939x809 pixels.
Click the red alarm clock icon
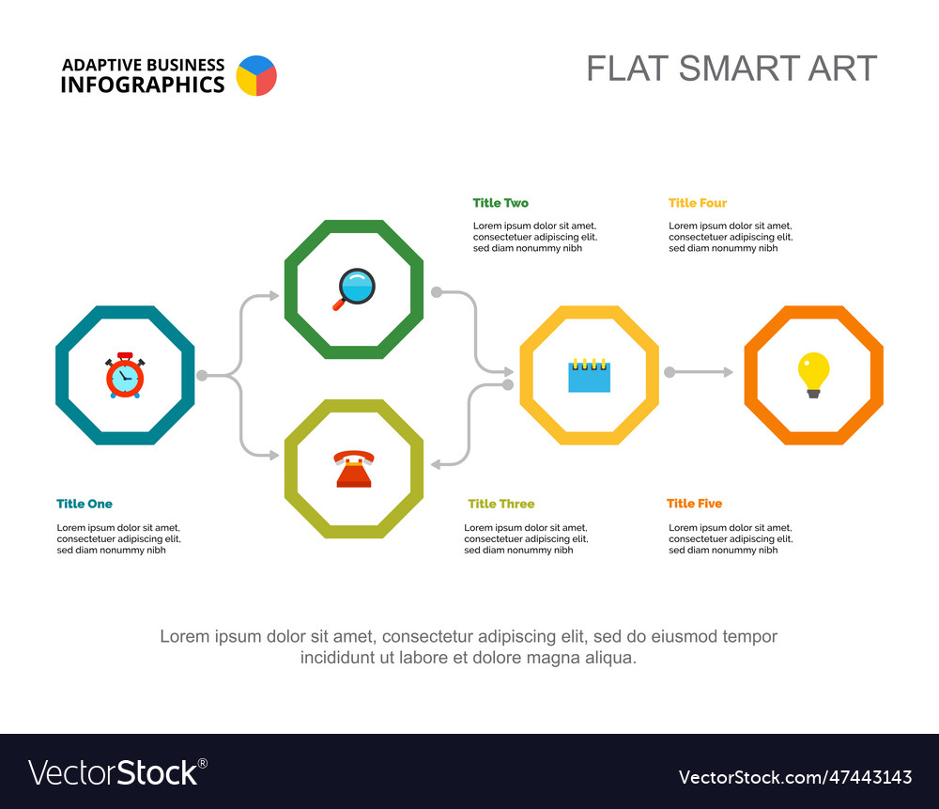[x=125, y=375]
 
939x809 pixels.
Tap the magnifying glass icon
[x=355, y=288]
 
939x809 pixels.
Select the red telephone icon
[x=354, y=469]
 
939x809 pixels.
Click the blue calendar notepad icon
[x=590, y=376]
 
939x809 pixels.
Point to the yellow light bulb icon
[x=813, y=375]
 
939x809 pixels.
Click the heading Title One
[x=85, y=504]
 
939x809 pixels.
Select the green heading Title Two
[x=500, y=203]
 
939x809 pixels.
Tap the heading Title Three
[x=501, y=504]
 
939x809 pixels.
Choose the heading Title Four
[x=698, y=203]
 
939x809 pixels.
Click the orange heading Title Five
[x=695, y=504]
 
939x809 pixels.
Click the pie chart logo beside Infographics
[x=256, y=75]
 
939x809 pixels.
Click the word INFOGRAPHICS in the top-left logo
[x=143, y=86]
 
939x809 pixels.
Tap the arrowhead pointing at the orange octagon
[x=729, y=372]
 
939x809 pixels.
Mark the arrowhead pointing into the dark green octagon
[x=274, y=295]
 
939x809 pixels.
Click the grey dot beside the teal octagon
[x=203, y=376]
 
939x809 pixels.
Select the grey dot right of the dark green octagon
[x=437, y=292]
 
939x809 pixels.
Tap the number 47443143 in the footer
[x=870, y=777]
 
